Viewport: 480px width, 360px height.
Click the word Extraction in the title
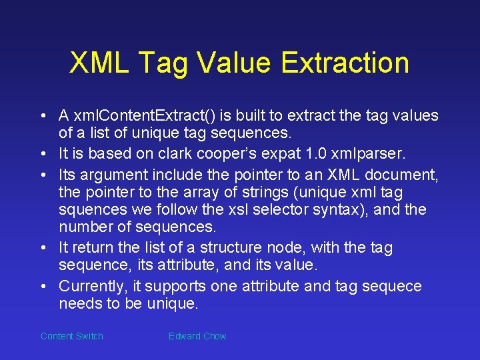345,63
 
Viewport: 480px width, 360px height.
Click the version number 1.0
325,153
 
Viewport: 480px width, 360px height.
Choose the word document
404,175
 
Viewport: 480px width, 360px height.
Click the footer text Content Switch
72,336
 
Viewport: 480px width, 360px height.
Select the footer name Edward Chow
197,336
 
